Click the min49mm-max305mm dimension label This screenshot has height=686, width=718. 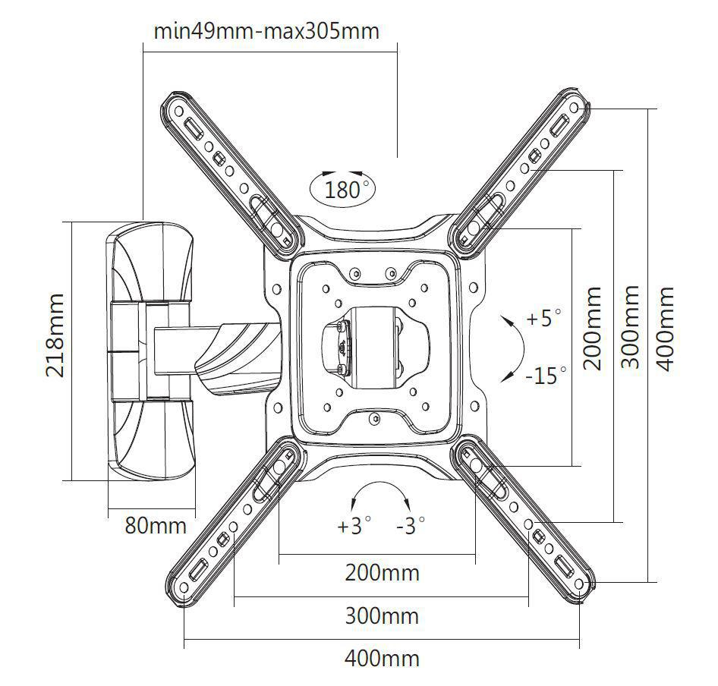coord(266,32)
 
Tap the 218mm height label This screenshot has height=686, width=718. coord(55,335)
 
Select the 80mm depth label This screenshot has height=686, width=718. coord(156,525)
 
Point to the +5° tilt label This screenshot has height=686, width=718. coord(543,318)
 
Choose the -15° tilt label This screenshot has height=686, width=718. coord(546,376)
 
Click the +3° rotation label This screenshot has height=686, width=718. coord(354,526)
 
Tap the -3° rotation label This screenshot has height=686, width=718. coord(411,526)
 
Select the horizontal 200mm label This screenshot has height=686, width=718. coord(382,572)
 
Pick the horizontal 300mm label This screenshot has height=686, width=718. coord(382,616)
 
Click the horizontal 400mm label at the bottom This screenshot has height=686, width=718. coord(382,659)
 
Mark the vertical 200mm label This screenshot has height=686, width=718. coord(592,328)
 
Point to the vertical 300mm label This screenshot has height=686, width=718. coord(630,327)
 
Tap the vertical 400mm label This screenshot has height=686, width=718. coord(665,329)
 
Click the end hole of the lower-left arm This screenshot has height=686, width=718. coord(184,587)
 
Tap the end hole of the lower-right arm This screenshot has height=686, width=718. coord(579,584)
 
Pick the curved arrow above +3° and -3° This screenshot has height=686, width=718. coord(380,483)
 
